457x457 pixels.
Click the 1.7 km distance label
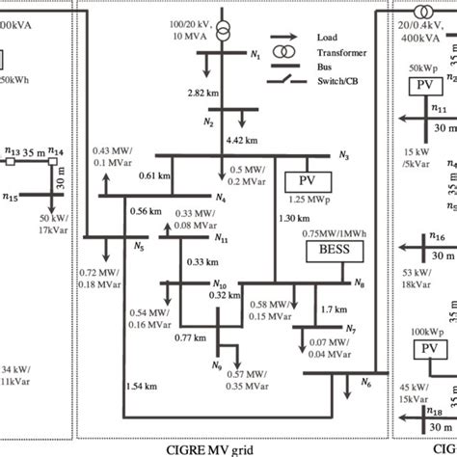tap(333, 310)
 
